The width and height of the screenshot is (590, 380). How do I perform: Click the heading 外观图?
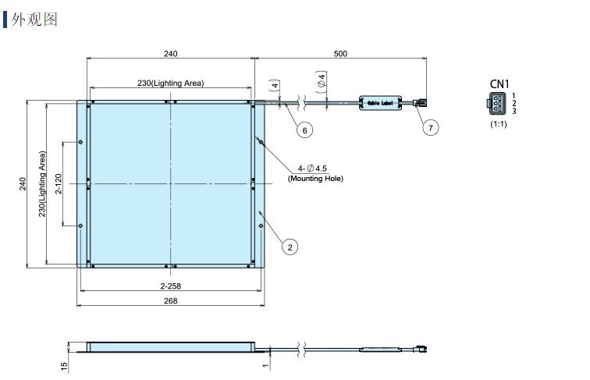pos(34,20)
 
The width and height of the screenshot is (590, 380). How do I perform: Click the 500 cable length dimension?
pos(340,53)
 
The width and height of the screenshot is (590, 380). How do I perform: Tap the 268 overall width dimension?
pos(170,300)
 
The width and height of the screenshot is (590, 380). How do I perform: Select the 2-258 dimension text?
pos(170,286)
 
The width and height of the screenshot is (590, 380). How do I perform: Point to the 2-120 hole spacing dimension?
pos(59,183)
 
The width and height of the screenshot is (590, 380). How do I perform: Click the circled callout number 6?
pos(304,130)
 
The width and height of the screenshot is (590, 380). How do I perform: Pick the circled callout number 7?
pos(431,127)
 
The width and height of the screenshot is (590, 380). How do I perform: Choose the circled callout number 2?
pos(290,247)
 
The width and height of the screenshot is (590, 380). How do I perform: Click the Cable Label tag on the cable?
pos(380,103)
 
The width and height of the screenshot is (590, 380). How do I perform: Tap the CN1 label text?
pos(499,84)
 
